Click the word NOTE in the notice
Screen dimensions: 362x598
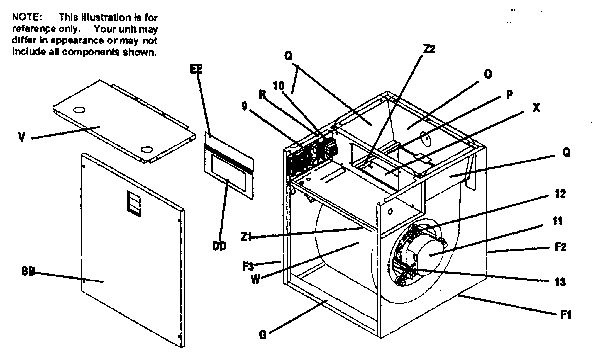(27, 17)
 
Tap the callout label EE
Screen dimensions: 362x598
(196, 69)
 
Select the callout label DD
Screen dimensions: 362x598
(219, 246)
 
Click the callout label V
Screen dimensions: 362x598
(22, 137)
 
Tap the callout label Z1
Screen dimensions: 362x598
(246, 237)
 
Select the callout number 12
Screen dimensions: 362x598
(560, 194)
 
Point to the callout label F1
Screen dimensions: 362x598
(566, 315)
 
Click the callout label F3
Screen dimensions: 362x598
(248, 266)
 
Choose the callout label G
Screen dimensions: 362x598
(263, 335)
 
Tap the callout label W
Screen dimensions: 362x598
(255, 280)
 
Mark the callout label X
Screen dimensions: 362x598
(536, 108)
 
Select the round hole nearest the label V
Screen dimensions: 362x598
(79, 110)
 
